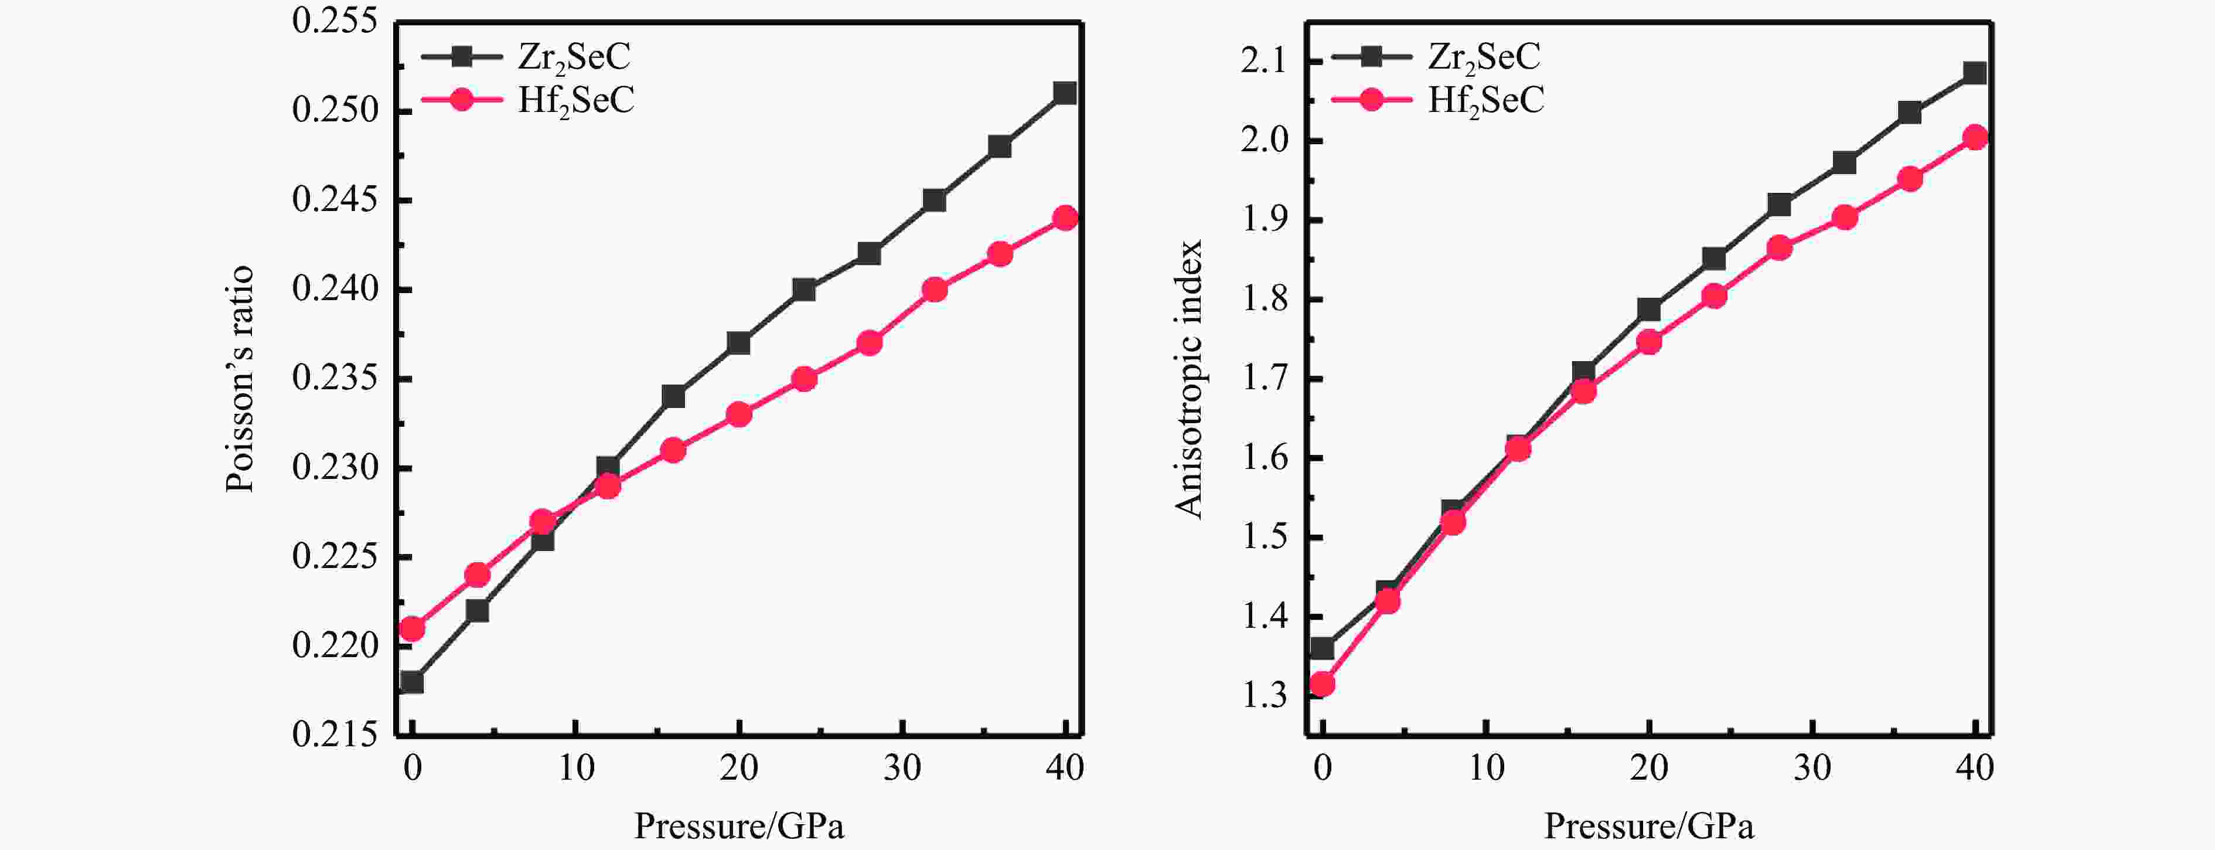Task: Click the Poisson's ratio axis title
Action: (240, 379)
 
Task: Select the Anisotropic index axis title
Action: (1188, 379)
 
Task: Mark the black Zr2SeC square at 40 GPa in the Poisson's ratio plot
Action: (1065, 93)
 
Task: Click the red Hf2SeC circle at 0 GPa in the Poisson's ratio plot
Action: (412, 629)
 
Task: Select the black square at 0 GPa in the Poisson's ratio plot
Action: (412, 682)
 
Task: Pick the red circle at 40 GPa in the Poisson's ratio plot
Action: (1065, 217)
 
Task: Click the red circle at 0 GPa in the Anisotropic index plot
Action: (1323, 685)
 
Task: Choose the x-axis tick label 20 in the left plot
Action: (738, 767)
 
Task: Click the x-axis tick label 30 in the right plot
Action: (1812, 767)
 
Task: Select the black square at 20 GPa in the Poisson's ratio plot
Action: (738, 344)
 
